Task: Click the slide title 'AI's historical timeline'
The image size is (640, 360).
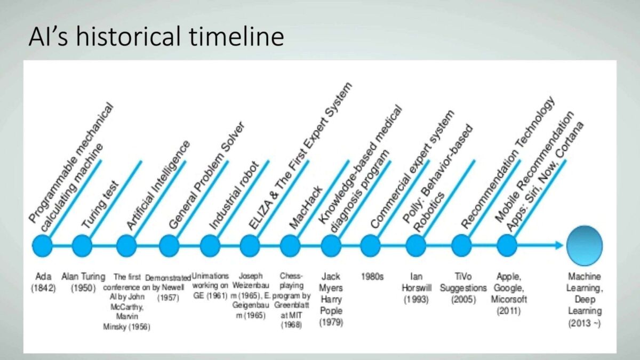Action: click(156, 36)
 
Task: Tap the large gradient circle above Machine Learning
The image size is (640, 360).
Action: click(585, 246)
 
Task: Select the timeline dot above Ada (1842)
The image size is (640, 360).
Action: click(42, 246)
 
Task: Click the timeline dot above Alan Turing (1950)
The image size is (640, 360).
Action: click(82, 246)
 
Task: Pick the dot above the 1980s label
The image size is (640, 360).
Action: click(371, 246)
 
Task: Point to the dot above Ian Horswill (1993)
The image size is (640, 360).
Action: click(416, 246)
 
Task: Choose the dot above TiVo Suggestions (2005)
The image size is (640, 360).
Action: click(462, 246)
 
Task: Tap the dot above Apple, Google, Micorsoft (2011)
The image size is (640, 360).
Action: click(507, 246)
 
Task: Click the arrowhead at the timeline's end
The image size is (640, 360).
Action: click(559, 245)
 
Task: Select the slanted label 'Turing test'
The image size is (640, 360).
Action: click(100, 205)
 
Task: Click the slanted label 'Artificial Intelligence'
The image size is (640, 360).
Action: click(158, 185)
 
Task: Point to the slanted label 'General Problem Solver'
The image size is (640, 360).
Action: click(207, 175)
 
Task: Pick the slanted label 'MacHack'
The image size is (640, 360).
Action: click(306, 207)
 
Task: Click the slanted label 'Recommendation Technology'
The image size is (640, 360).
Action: click(508, 162)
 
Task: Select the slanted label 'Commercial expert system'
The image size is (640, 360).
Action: click(413, 169)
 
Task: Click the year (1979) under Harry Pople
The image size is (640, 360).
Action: click(331, 322)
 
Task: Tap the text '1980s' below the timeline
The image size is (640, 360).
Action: click(372, 277)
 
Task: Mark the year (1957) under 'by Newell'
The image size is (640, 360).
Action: click(169, 298)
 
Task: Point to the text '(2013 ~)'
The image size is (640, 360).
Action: click(585, 323)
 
